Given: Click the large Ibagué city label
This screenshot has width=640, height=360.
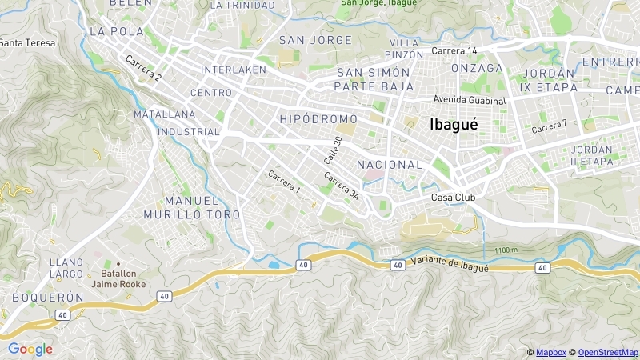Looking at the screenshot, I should pyautogui.click(x=454, y=124).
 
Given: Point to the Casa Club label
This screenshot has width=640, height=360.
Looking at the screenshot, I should pyautogui.click(x=454, y=198).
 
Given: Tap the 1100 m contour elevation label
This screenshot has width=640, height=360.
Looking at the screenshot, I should pyautogui.click(x=506, y=250).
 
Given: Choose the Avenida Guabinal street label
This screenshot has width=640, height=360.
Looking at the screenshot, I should pyautogui.click(x=470, y=100).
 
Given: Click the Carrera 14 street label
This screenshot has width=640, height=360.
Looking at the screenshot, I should pyautogui.click(x=454, y=50).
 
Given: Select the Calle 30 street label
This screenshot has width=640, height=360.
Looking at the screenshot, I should pyautogui.click(x=338, y=150).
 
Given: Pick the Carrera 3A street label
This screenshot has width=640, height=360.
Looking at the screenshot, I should pyautogui.click(x=342, y=185).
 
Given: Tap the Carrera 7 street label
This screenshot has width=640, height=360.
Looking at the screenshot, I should pyautogui.click(x=549, y=126).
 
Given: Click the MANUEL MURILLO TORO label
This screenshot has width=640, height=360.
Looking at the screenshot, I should pyautogui.click(x=191, y=207).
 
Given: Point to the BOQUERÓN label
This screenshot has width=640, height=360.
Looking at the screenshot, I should pyautogui.click(x=48, y=297).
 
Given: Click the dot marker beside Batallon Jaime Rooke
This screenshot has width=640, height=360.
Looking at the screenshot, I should pyautogui.click(x=118, y=263).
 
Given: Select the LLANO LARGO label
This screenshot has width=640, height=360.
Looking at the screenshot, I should pyautogui.click(x=66, y=268).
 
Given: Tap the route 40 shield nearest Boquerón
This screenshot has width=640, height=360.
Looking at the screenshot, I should pyautogui.click(x=62, y=315).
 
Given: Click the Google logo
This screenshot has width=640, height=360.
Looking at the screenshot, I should pyautogui.click(x=30, y=349).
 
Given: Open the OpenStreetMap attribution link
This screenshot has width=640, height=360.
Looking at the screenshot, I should pyautogui.click(x=608, y=353).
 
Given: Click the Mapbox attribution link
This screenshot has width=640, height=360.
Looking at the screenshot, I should pyautogui.click(x=550, y=353).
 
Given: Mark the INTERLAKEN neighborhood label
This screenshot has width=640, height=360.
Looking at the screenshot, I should pyautogui.click(x=233, y=70).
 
